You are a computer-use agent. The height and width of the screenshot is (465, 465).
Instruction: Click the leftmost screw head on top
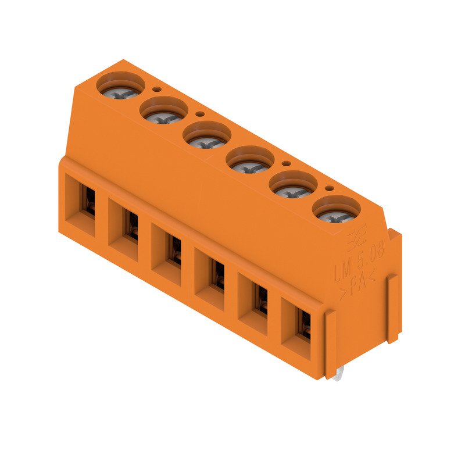coord(120,88)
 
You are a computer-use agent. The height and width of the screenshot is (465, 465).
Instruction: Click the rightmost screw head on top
coord(336,210)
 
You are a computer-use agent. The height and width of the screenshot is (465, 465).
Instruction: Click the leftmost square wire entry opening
coord(84,200)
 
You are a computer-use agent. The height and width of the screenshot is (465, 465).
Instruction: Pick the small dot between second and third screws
coord(201,115)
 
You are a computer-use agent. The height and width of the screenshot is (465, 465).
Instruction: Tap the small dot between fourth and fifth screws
coord(287,163)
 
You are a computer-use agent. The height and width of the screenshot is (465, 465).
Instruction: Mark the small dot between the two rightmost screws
coord(330,188)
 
